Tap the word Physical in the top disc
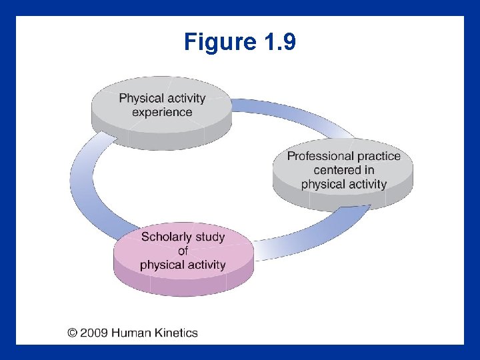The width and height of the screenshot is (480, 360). [x=140, y=99]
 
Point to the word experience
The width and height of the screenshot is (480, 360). [x=162, y=112]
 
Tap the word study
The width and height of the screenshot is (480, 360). [x=210, y=237]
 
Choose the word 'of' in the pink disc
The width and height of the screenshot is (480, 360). [x=183, y=251]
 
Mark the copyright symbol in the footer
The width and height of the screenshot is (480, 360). [x=71, y=333]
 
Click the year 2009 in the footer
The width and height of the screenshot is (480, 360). [x=94, y=333]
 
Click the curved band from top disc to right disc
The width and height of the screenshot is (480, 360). [x=293, y=117]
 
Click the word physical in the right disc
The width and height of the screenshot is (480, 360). [x=322, y=184]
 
